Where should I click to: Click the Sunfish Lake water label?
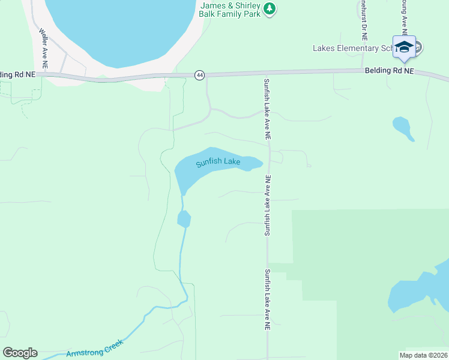pos(218,162)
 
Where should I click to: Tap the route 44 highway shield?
pos(200,75)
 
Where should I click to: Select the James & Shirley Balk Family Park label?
pos(230,10)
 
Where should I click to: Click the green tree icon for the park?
pos(270,8)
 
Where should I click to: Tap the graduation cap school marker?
pos(404,47)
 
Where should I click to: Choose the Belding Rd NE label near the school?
pos(390,71)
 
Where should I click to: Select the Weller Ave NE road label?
pos(43,43)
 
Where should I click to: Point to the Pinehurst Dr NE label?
pos(364,18)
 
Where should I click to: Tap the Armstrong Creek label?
pos(94,349)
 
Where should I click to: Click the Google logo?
pos(20,353)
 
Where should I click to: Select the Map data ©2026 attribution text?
pos(423,355)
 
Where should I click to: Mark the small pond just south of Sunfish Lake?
pos(184,219)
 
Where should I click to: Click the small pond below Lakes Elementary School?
pos(403,128)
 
